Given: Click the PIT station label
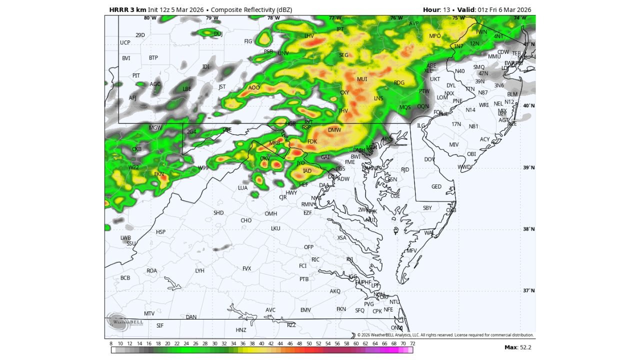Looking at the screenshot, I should click(x=136, y=75).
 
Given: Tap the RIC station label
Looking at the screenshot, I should click(x=315, y=259).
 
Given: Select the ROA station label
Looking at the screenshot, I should click(x=151, y=271).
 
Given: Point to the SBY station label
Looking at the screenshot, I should click(x=427, y=208).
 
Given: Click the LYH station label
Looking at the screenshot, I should click(x=199, y=271).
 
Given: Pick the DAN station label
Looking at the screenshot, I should click(x=191, y=317).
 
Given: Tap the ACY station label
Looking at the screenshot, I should click(x=485, y=139).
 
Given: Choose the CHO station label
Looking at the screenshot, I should click(x=246, y=220).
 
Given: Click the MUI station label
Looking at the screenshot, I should click(x=362, y=79).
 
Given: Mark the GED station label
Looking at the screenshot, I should click(x=436, y=186).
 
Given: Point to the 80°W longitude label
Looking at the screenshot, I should click(x=150, y=18).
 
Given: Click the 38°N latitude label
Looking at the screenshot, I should click(x=529, y=229).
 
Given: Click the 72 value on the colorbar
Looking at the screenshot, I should click(x=412, y=343).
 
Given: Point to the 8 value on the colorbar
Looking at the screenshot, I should click(x=111, y=343).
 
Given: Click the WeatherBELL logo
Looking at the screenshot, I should click(x=125, y=321).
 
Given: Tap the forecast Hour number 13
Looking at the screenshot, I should click(x=447, y=10).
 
